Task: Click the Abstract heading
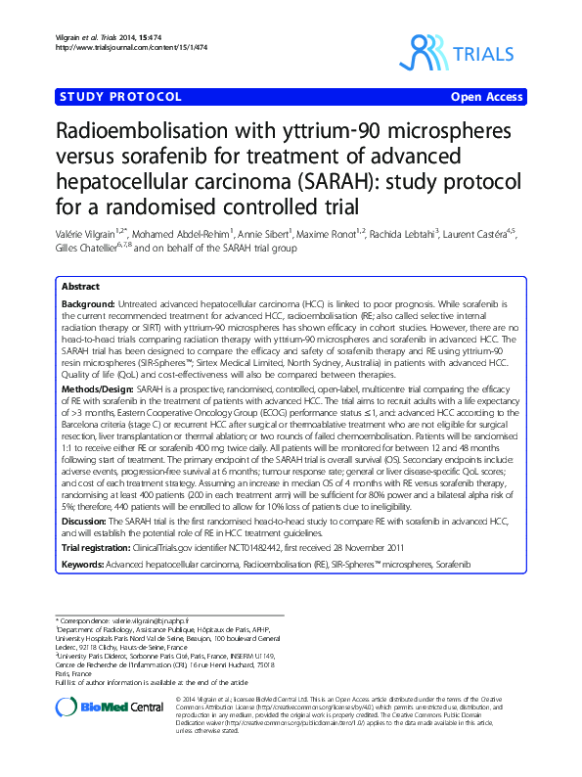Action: click(80, 287)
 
